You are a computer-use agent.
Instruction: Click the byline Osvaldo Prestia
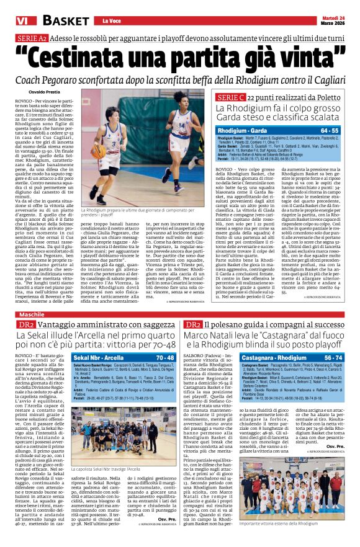tap(44, 92)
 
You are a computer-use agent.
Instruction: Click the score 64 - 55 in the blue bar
tap(330, 131)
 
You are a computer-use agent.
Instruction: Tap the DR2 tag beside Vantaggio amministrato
tap(25, 324)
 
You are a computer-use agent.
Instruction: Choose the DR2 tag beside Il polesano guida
tap(193, 324)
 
